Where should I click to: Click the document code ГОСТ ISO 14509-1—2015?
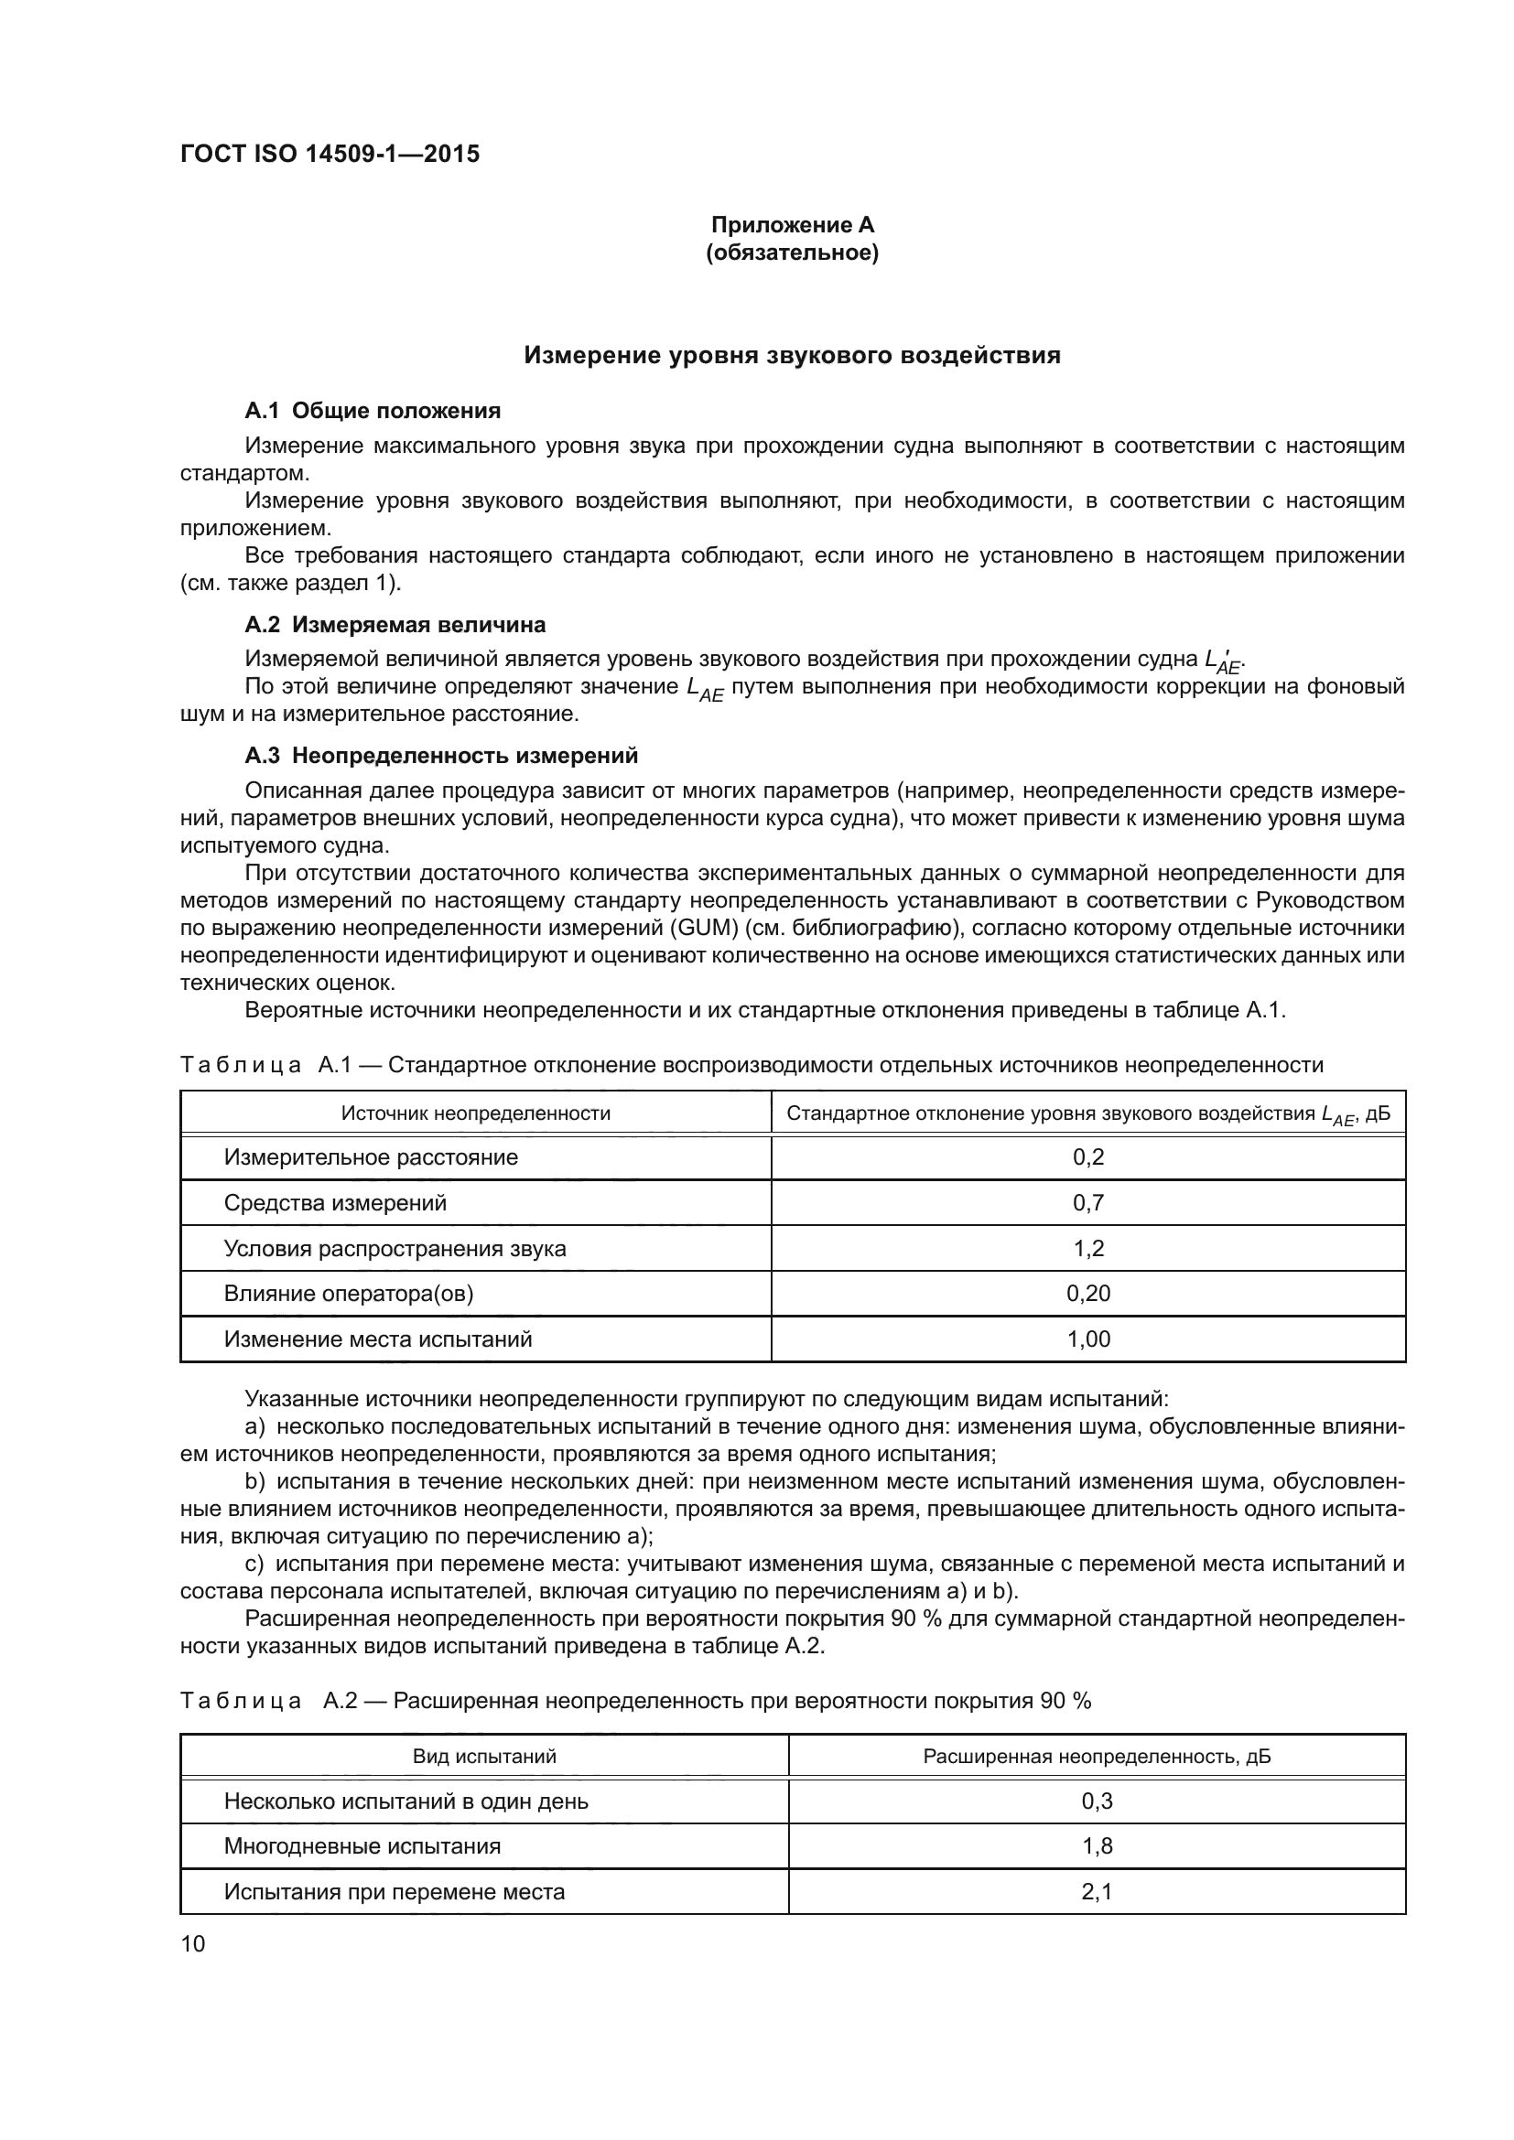click(330, 154)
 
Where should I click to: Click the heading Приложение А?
click(793, 225)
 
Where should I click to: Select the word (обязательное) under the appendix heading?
click(793, 253)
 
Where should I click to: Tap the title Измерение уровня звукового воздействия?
click(792, 355)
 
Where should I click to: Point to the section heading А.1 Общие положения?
click(372, 411)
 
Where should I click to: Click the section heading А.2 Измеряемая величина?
click(395, 625)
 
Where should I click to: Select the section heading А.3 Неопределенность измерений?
click(441, 755)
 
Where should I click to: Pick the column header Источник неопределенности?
click(475, 1113)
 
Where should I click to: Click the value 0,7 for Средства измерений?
click(1088, 1202)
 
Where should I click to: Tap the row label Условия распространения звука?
click(395, 1248)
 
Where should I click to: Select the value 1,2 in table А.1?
click(1088, 1248)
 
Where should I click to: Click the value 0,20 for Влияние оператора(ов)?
click(1088, 1294)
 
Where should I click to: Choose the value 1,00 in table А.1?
click(1088, 1339)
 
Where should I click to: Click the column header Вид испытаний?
click(484, 1756)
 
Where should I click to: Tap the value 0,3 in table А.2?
click(1097, 1801)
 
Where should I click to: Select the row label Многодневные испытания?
click(362, 1846)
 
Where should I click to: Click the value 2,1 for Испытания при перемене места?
click(1097, 1892)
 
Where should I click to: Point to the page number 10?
click(193, 1944)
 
